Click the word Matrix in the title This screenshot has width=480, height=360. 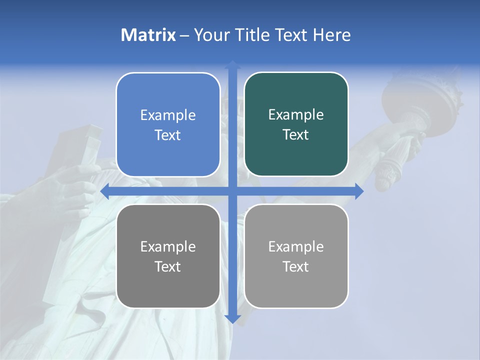click(x=148, y=35)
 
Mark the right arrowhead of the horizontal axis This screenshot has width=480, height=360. click(x=359, y=191)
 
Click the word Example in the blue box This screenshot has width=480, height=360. click(x=168, y=115)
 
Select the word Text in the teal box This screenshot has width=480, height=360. click(x=296, y=135)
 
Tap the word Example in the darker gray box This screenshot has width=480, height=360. click(x=168, y=247)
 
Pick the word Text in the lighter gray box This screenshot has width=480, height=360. click(x=296, y=266)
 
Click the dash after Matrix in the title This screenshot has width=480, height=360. click(x=184, y=35)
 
